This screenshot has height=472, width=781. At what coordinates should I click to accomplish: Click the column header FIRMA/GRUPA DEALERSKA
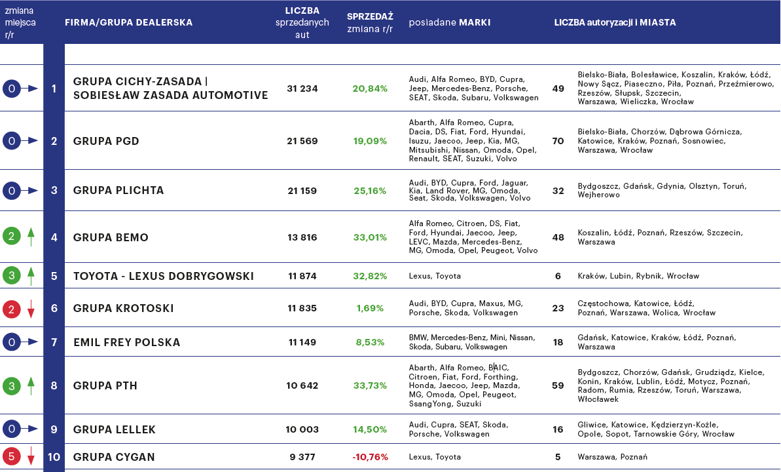[x=128, y=22]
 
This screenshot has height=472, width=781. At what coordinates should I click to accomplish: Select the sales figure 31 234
[x=302, y=88]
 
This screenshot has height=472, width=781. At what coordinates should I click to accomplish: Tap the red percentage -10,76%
[x=370, y=457]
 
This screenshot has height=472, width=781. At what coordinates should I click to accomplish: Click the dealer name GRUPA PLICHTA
[x=118, y=191]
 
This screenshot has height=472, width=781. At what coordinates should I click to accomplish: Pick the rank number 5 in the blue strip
[x=54, y=276]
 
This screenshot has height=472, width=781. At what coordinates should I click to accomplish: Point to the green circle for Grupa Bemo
[x=12, y=237]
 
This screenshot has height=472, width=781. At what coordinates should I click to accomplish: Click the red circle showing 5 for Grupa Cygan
[x=12, y=456]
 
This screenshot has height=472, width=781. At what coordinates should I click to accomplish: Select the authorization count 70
[x=558, y=141]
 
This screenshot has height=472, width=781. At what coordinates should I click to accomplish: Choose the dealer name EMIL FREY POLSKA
[x=126, y=342]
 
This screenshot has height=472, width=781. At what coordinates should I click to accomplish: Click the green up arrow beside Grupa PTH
[x=31, y=386]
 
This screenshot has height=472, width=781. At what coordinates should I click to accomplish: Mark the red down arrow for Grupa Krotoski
[x=31, y=309]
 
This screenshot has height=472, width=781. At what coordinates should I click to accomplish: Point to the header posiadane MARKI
[x=449, y=22]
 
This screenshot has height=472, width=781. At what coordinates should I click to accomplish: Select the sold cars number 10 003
[x=302, y=430]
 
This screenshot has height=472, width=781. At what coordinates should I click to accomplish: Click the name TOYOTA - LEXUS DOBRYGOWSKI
[x=163, y=276]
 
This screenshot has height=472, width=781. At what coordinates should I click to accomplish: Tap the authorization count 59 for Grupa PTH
[x=558, y=386]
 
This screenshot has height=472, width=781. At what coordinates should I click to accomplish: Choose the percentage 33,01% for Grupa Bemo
[x=370, y=237]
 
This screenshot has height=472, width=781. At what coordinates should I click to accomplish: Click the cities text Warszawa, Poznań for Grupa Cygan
[x=612, y=457]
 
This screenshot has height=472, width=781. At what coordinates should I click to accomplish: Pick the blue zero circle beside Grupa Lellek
[x=12, y=429]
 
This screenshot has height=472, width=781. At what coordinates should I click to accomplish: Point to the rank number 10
[x=54, y=457]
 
